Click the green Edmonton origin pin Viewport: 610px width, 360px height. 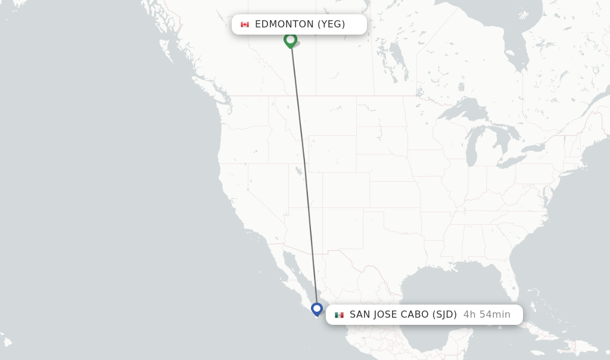(x=290, y=40)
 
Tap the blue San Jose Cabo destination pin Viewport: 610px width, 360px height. (x=317, y=309)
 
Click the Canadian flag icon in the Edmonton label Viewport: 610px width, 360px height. (x=244, y=24)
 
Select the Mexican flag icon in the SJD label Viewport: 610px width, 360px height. (x=339, y=315)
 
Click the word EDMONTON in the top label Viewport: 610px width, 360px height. (x=284, y=24)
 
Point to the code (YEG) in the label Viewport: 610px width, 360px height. (x=331, y=24)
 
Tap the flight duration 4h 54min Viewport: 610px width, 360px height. (x=487, y=315)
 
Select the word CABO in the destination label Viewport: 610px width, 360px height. (x=413, y=315)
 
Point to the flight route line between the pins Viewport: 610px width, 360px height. (x=304, y=173)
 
